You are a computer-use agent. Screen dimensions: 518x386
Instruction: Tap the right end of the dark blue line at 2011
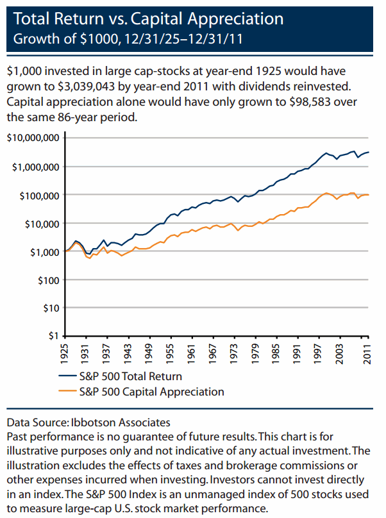[369, 152]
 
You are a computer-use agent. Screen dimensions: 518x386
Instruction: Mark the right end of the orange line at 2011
[369, 195]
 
